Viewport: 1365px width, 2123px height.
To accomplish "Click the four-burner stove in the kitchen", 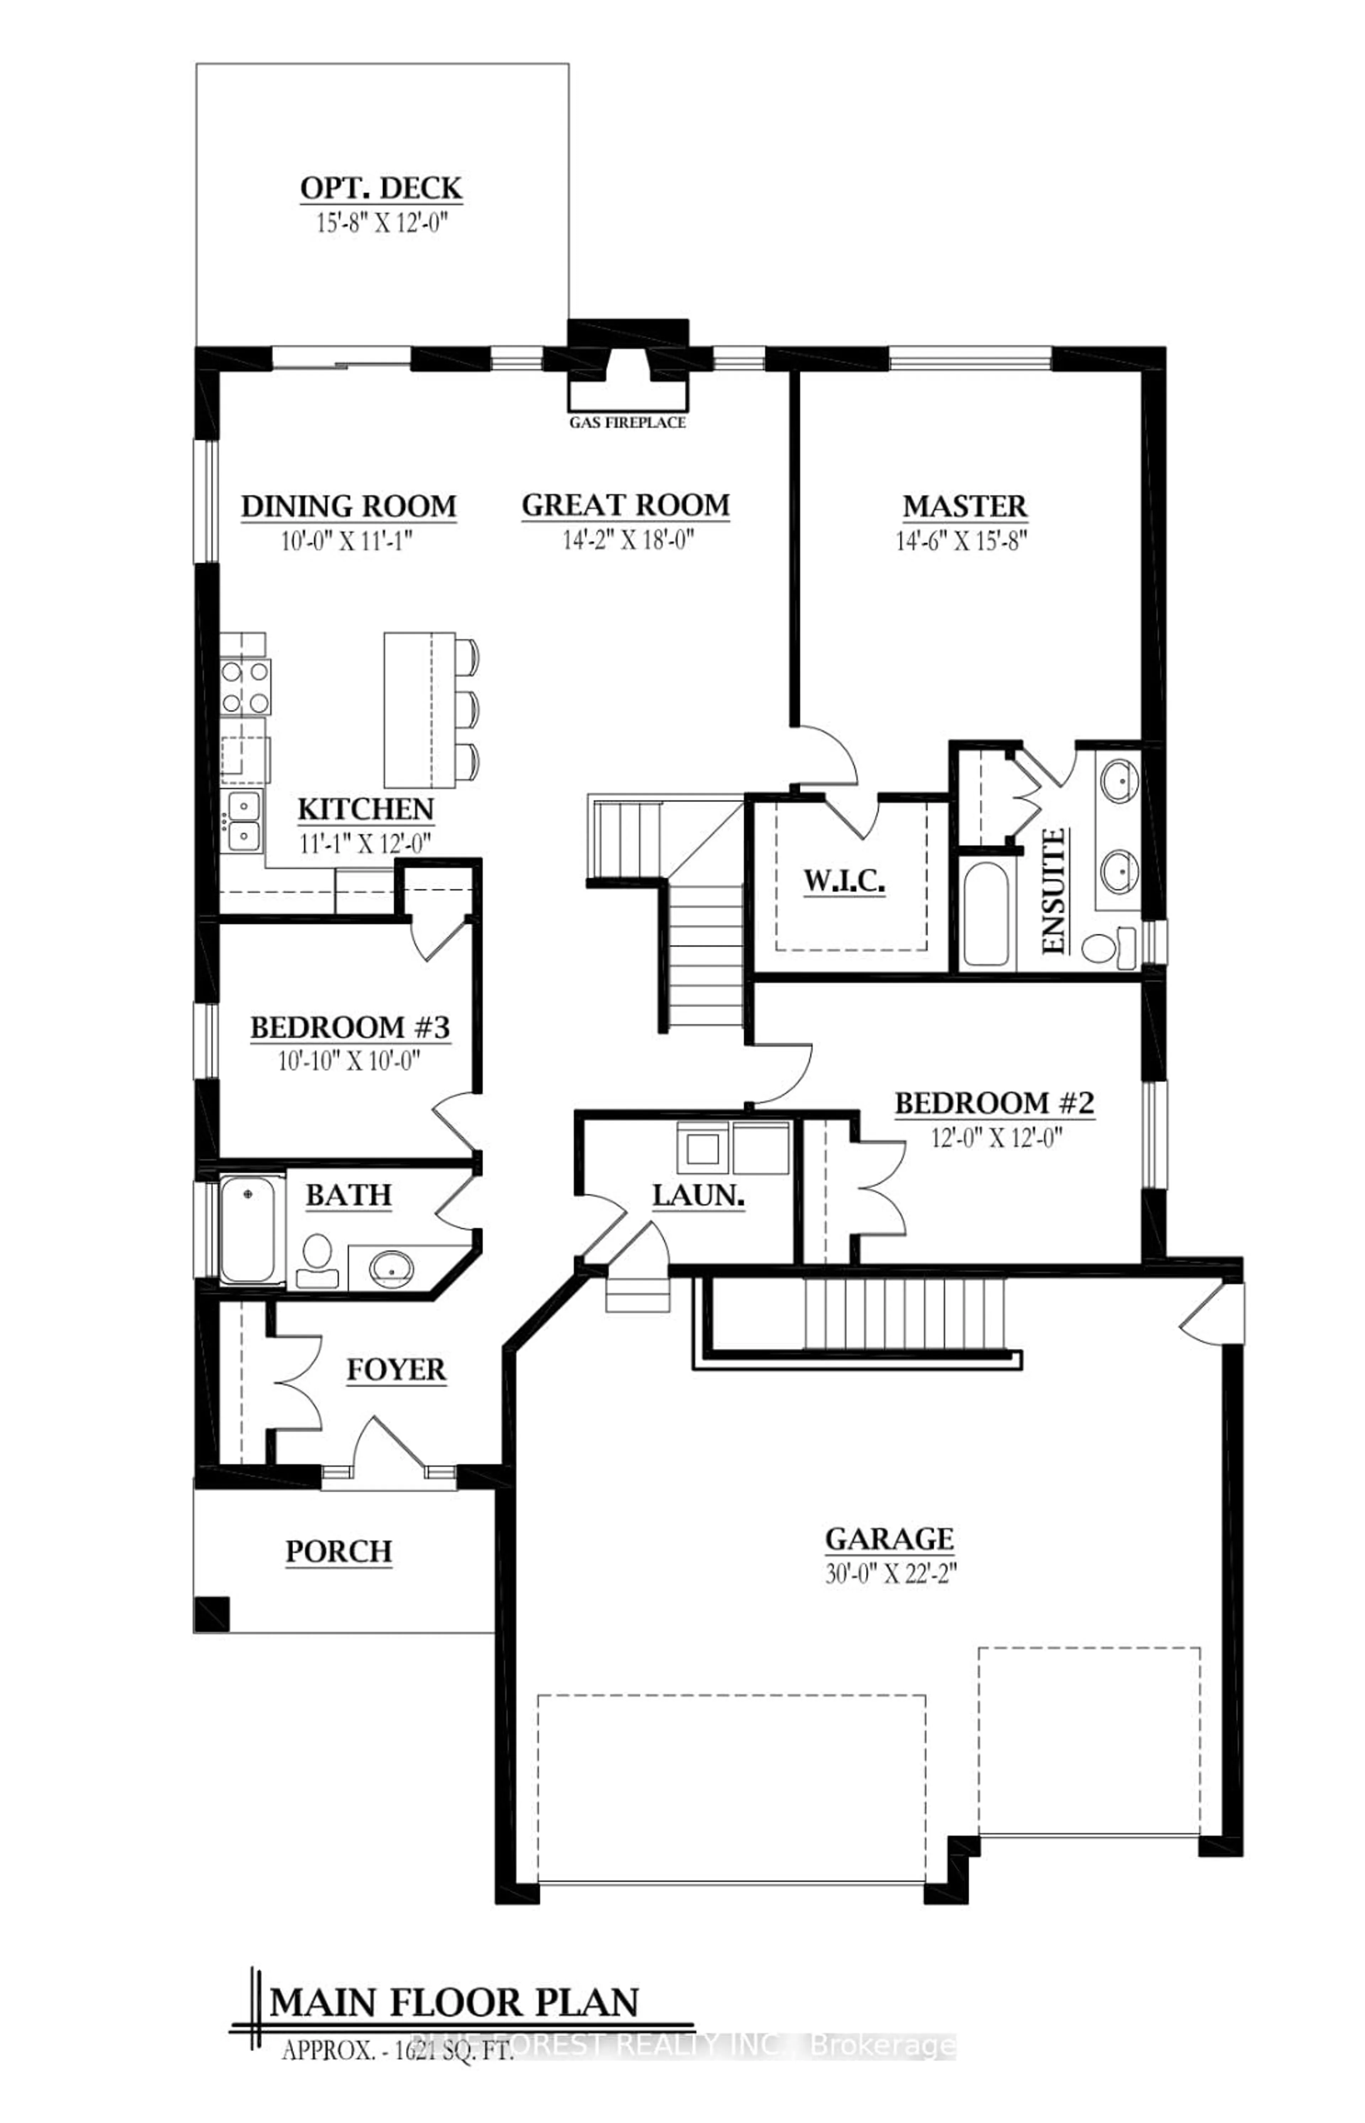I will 246,687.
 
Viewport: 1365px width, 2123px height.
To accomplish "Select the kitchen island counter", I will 418,709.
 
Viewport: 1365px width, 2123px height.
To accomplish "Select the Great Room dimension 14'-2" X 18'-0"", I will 627,539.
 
